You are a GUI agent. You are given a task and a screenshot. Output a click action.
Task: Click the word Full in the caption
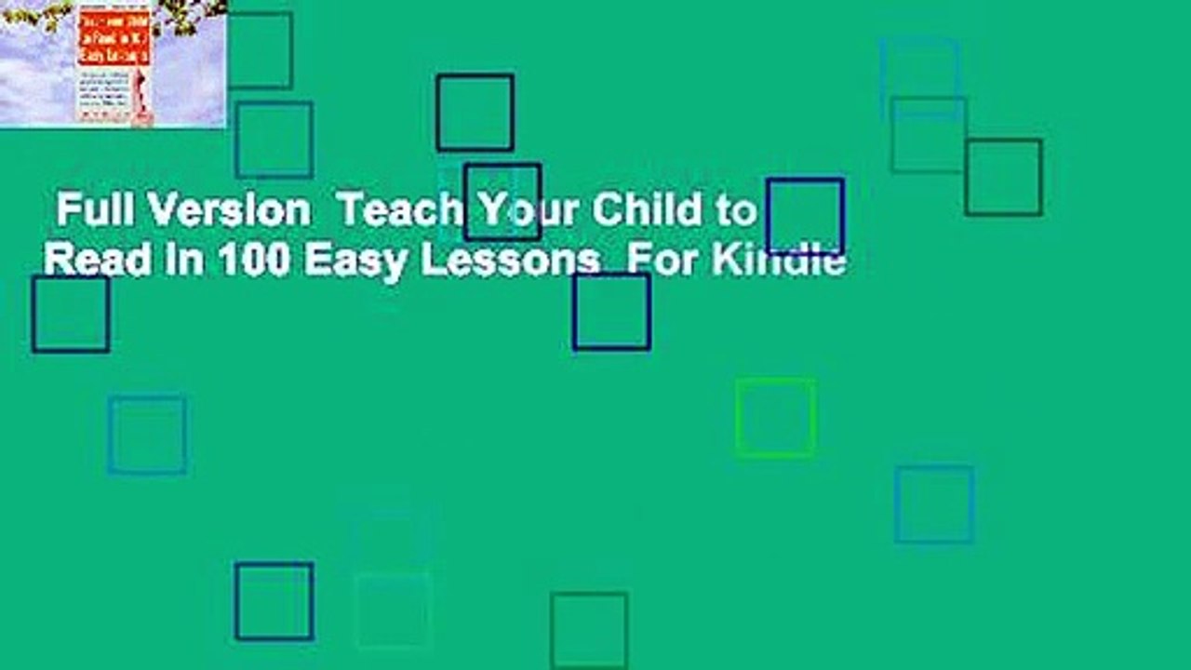(x=88, y=213)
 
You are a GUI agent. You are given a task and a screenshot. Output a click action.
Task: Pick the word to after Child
(x=736, y=213)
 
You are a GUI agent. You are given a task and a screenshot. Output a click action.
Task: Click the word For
(x=657, y=261)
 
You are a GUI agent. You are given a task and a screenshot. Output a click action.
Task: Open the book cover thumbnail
(x=113, y=63)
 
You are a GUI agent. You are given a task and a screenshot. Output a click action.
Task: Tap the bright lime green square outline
(x=775, y=417)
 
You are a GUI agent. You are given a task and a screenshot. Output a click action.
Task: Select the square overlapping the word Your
(x=502, y=202)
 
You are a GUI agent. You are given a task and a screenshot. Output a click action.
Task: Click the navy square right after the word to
(x=805, y=216)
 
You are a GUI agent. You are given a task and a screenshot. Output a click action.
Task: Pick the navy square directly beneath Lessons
(x=611, y=311)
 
